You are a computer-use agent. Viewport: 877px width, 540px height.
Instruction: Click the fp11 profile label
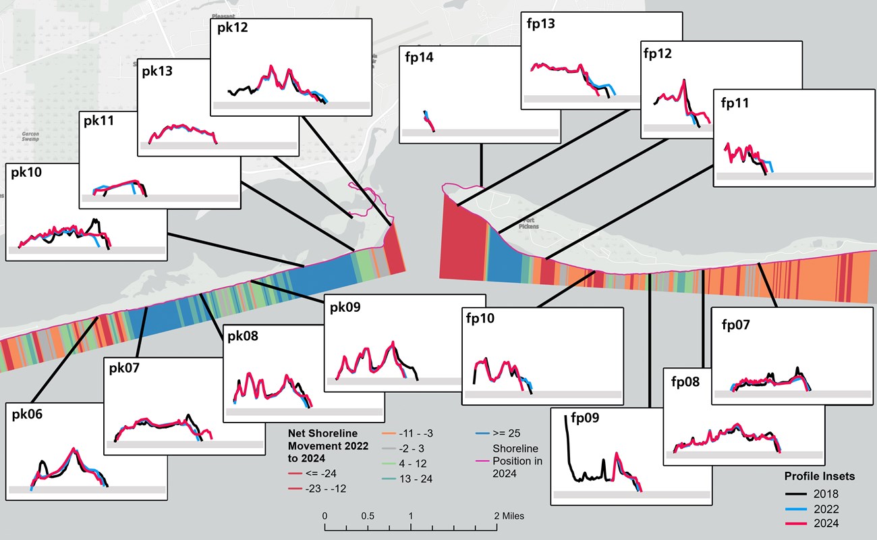[x=735, y=103]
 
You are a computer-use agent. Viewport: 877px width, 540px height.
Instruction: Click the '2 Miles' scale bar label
[x=509, y=516]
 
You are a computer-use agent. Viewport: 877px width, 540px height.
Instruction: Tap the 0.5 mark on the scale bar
[x=367, y=516]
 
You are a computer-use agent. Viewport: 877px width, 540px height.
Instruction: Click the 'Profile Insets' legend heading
[x=819, y=477]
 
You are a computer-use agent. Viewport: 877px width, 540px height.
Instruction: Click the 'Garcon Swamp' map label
[x=30, y=136]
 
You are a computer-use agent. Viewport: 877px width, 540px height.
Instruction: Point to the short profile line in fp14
[x=429, y=122]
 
